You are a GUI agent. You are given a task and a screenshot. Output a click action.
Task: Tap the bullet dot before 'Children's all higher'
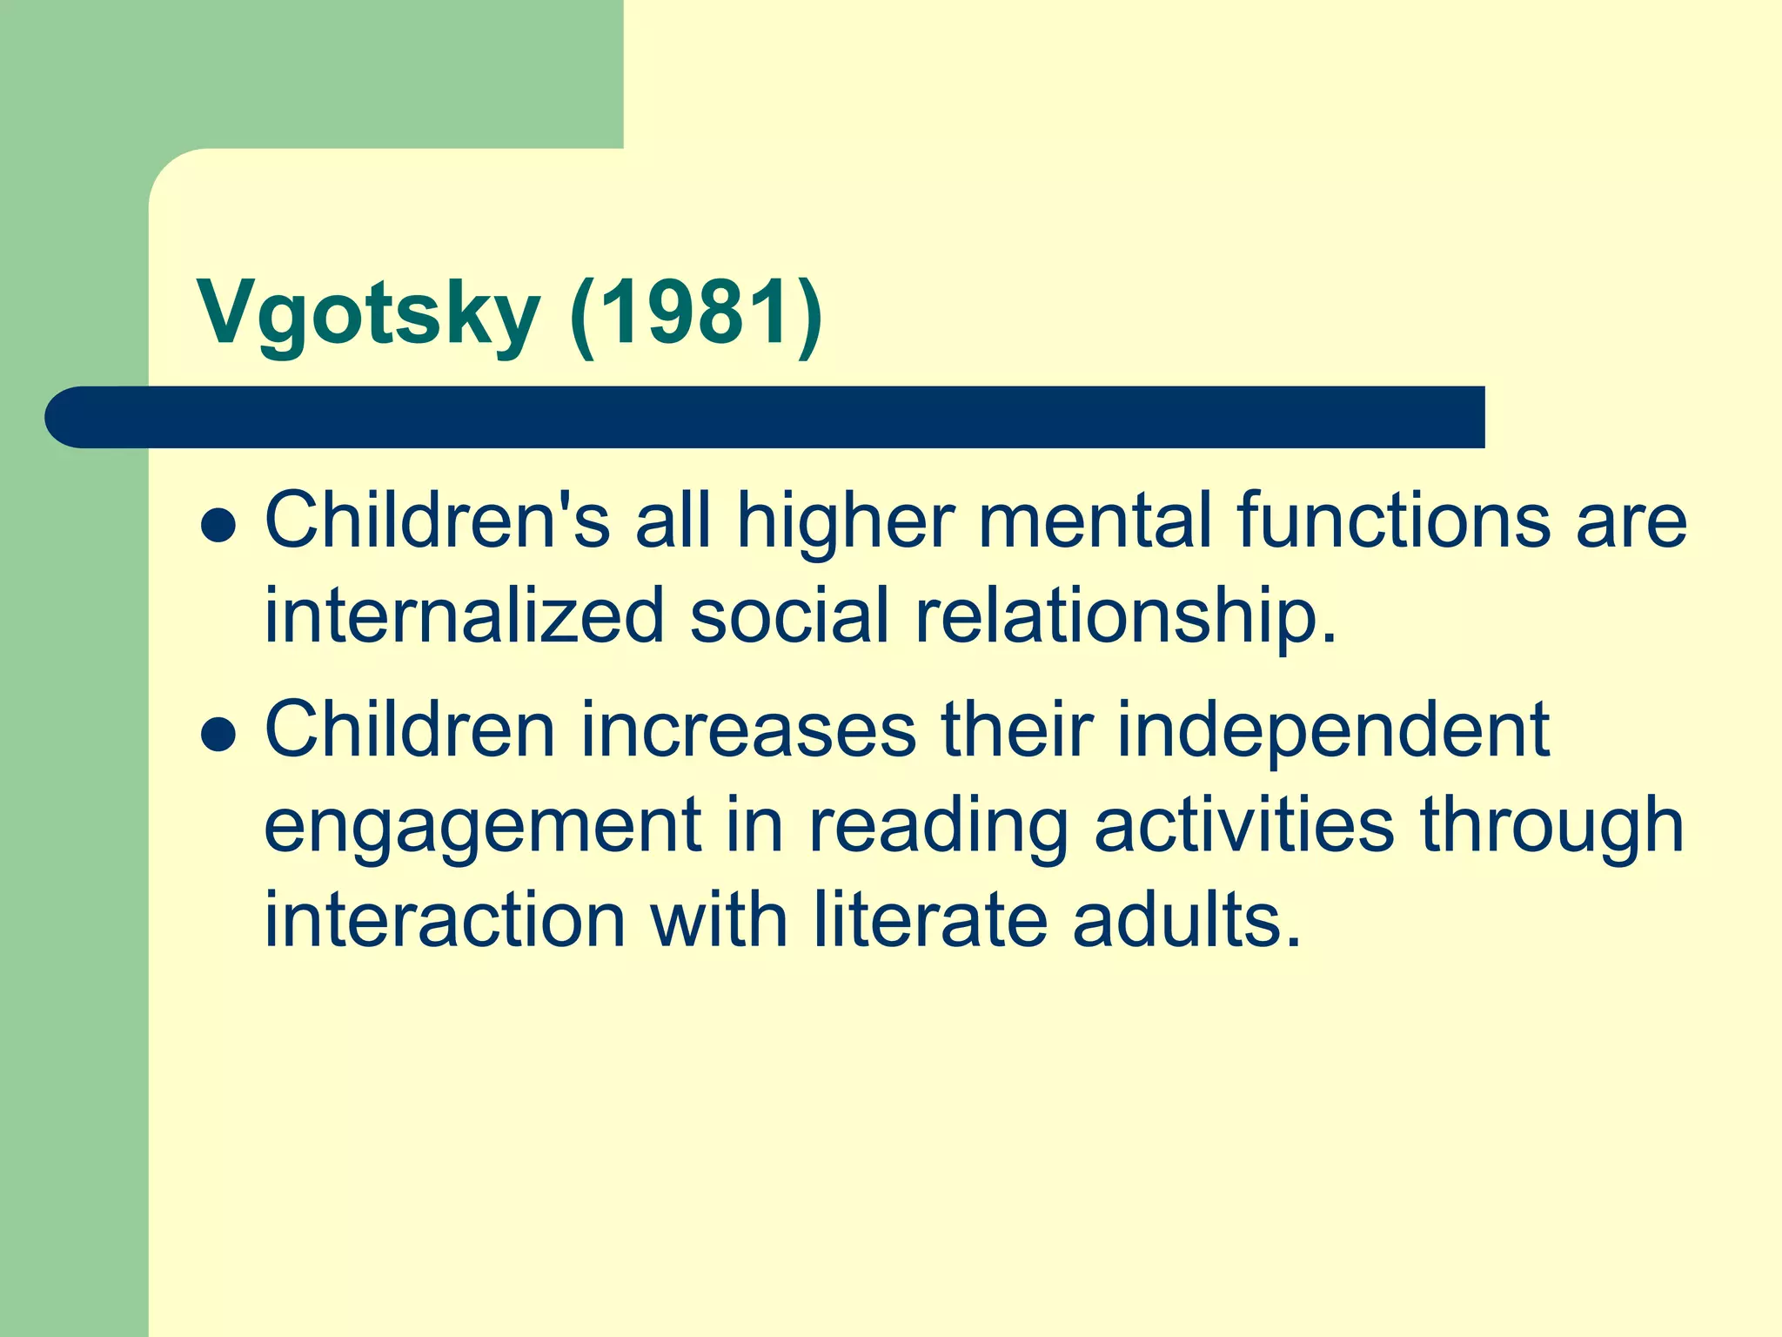218,526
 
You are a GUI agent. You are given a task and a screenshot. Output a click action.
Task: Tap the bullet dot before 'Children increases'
218,734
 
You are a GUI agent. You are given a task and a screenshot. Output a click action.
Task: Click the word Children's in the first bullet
437,521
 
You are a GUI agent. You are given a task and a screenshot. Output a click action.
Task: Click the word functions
1393,521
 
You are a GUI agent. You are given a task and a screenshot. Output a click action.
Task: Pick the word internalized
465,616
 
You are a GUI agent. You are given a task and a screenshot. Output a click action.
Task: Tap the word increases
748,729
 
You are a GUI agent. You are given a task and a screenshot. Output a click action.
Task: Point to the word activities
1244,825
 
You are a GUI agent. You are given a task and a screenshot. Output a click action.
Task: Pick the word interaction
445,920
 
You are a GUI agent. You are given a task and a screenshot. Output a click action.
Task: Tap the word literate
931,920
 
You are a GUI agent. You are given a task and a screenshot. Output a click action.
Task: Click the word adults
1187,920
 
